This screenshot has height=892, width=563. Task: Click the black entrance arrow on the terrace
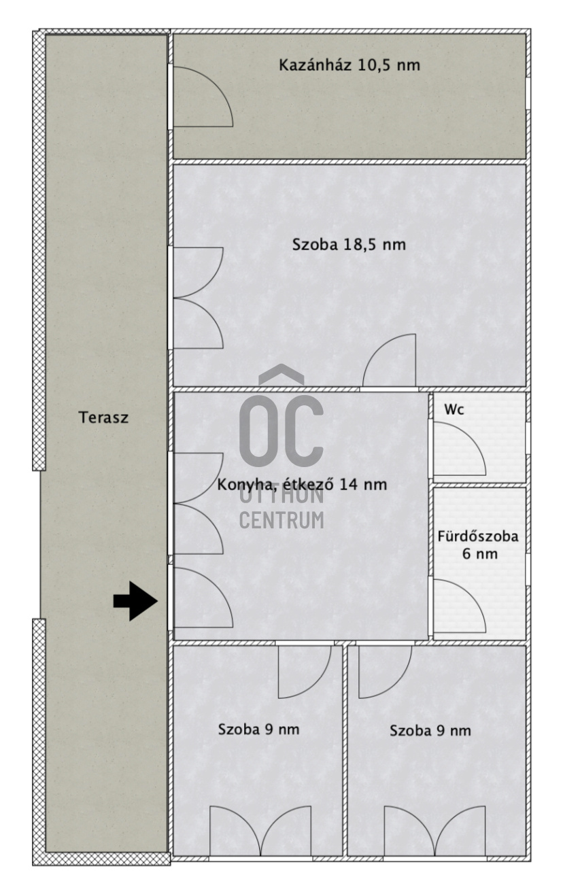(135, 601)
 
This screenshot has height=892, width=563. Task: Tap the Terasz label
(103, 417)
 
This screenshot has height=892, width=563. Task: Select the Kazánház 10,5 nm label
(349, 66)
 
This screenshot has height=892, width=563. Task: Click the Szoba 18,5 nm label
(349, 245)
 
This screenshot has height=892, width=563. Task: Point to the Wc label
(454, 410)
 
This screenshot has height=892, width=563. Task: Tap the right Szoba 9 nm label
(430, 731)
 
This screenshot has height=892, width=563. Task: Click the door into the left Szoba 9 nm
(305, 670)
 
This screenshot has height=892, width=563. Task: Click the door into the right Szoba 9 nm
(385, 670)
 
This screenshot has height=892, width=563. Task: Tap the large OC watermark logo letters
(281, 428)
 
